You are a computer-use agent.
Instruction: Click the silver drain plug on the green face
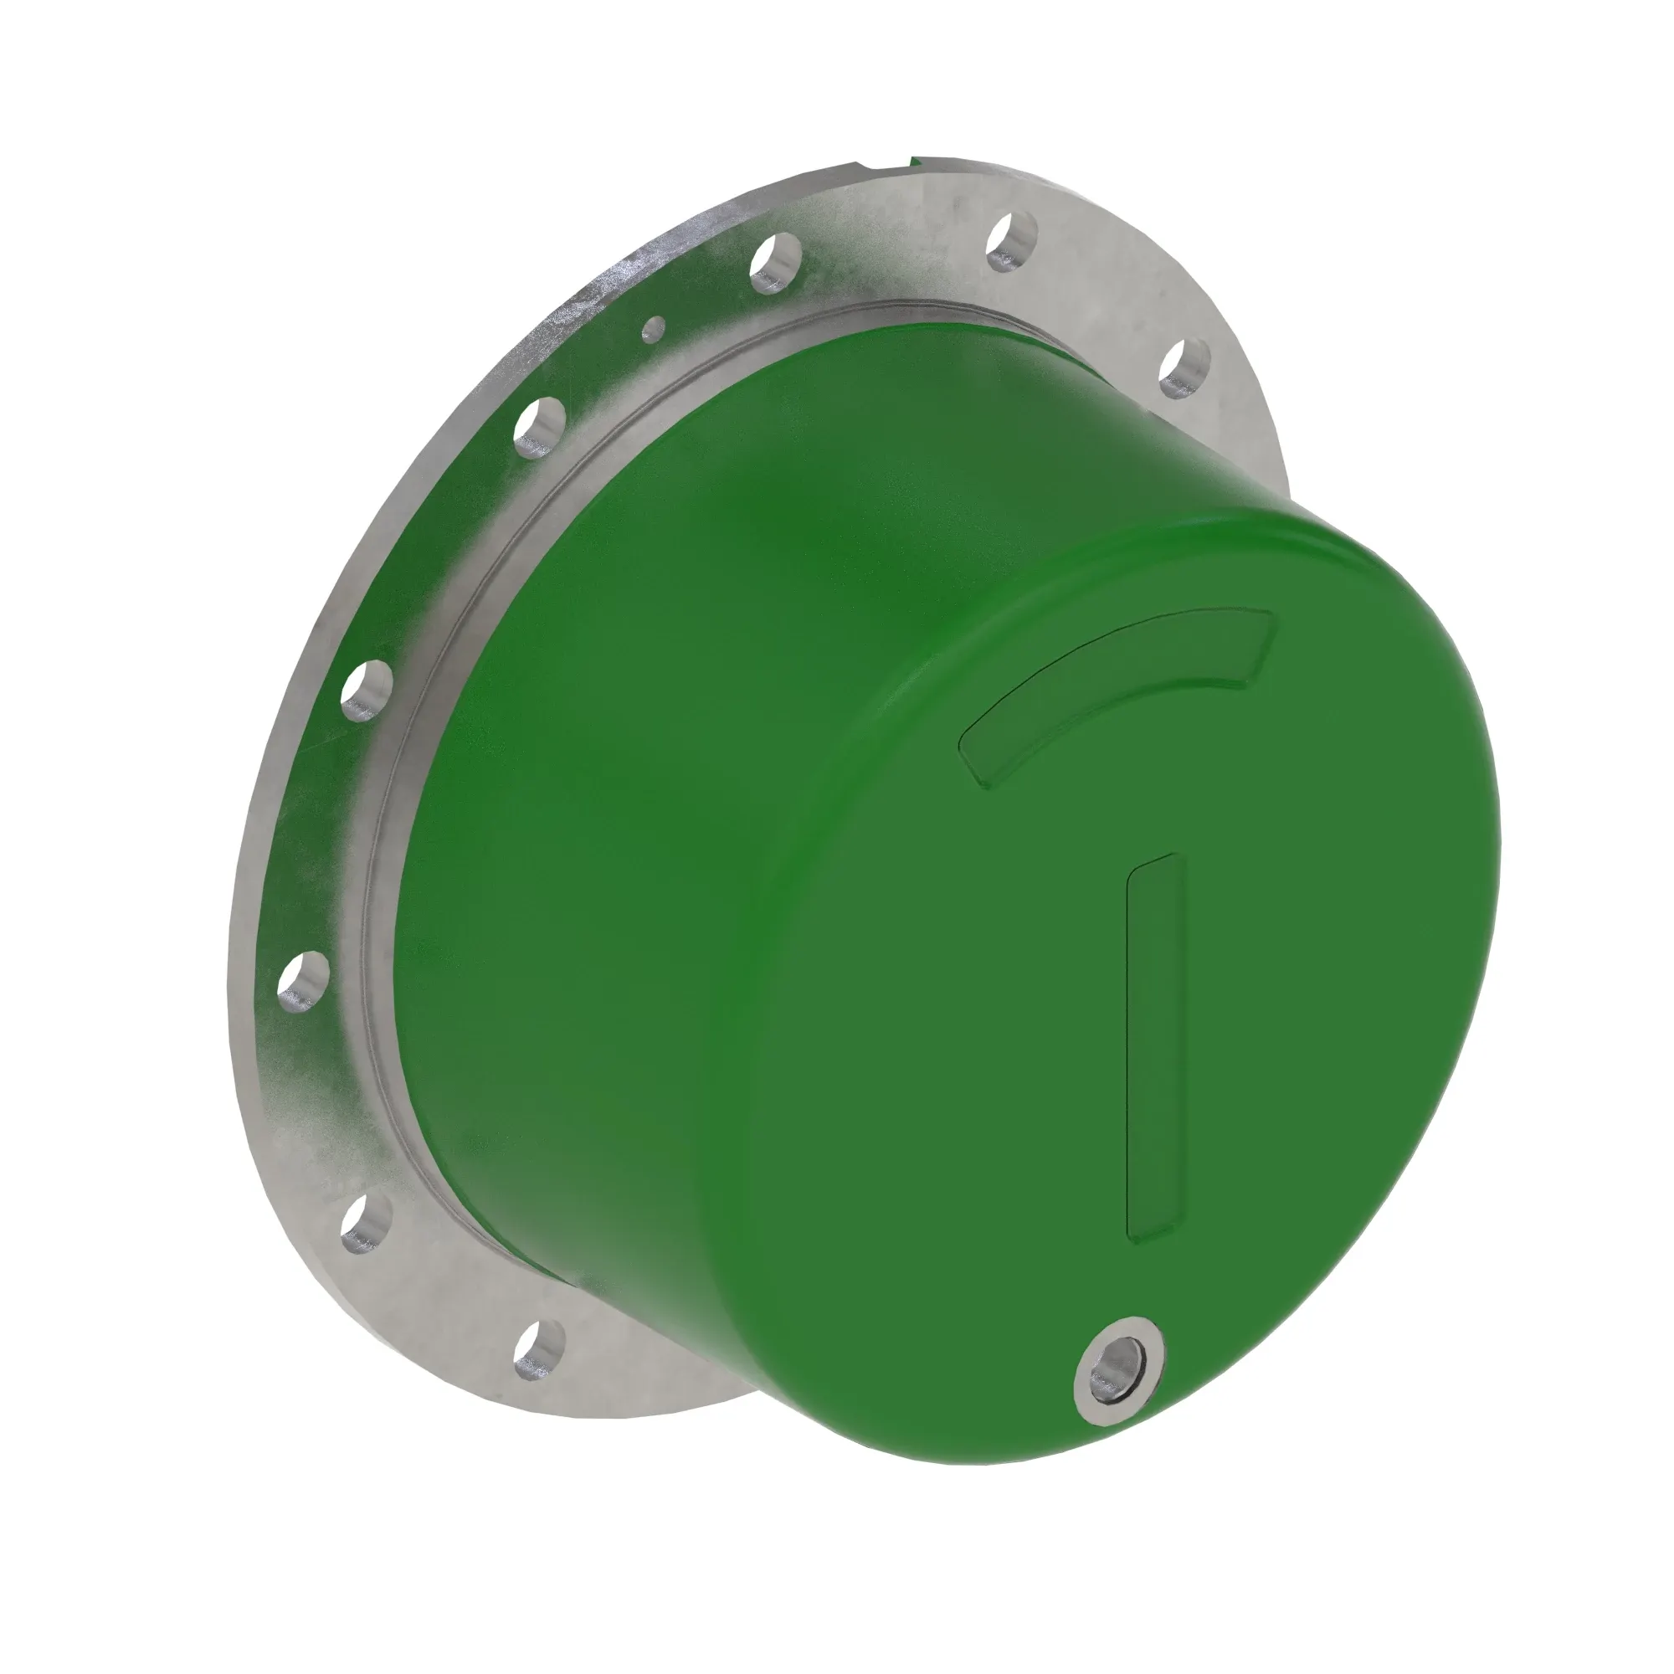(1119, 1377)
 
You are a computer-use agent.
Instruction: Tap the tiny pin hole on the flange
(655, 327)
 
